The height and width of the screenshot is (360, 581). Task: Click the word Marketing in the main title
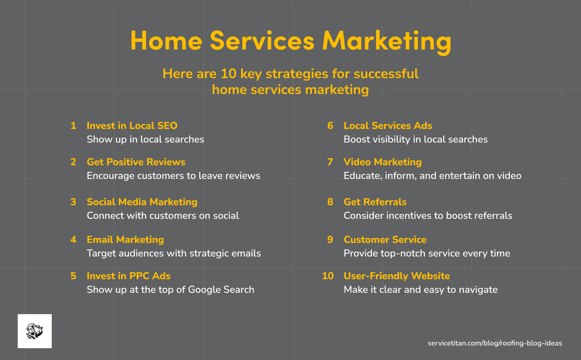(x=387, y=41)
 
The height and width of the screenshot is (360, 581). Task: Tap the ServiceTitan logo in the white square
(x=34, y=331)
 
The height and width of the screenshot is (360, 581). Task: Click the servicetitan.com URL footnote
(x=495, y=343)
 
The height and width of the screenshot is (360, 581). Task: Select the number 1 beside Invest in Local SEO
(x=74, y=126)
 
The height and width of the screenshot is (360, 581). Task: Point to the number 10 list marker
(x=328, y=276)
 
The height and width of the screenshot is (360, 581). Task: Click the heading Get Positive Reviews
(x=136, y=162)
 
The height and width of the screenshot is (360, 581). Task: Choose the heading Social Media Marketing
(x=142, y=202)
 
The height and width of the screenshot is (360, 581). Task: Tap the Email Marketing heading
(x=125, y=240)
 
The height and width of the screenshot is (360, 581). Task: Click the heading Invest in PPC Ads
(x=128, y=276)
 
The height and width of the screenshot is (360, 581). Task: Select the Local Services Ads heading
(x=388, y=126)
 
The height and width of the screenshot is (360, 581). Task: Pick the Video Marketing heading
(x=383, y=162)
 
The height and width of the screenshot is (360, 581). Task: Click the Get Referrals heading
(x=375, y=202)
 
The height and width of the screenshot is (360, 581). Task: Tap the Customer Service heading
(x=385, y=240)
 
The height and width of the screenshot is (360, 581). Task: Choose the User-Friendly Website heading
(x=397, y=276)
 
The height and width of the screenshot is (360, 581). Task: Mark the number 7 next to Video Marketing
(x=330, y=162)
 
